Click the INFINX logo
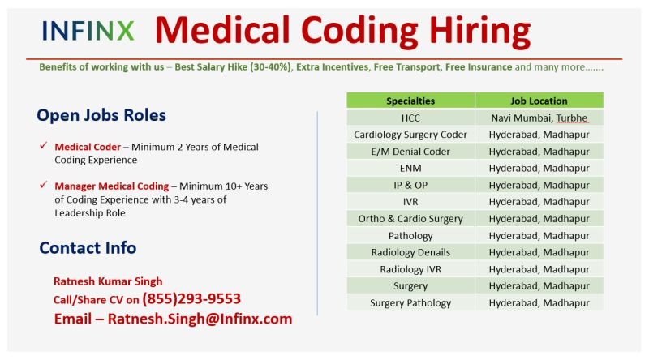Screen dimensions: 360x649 (88, 31)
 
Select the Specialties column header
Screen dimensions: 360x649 (410, 101)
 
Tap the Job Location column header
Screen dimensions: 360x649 (539, 101)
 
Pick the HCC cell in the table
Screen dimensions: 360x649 (410, 118)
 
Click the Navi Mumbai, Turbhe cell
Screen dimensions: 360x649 (539, 118)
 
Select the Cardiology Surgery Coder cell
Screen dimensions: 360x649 (410, 135)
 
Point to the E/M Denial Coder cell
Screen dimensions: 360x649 (410, 152)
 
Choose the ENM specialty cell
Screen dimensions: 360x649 (410, 169)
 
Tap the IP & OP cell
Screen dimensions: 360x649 (410, 185)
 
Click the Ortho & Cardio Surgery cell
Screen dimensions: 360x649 (410, 219)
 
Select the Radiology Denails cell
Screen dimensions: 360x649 (410, 252)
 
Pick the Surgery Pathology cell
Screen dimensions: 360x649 (410, 303)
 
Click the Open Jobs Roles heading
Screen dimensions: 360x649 (101, 115)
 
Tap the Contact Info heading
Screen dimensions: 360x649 (88, 248)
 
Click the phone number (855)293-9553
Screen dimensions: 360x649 (191, 299)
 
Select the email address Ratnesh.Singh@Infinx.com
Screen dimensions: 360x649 (200, 319)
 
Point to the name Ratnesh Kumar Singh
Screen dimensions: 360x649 (108, 281)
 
